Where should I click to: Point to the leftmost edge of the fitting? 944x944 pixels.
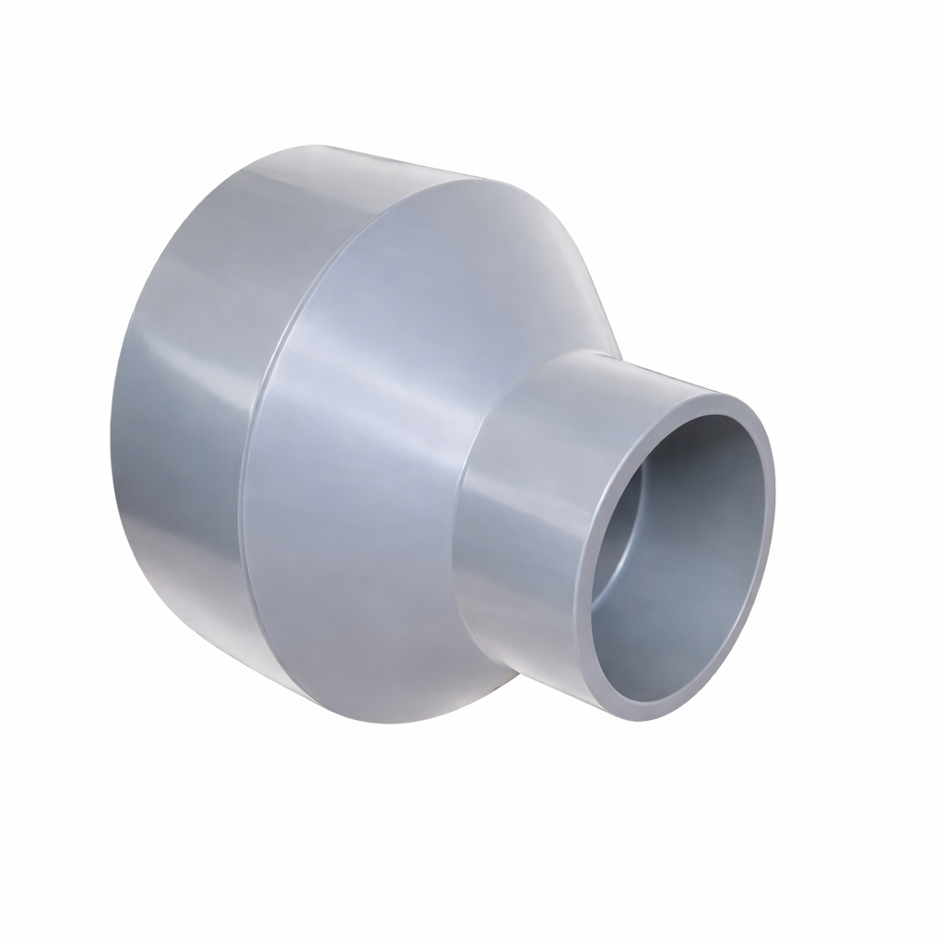coord(112,433)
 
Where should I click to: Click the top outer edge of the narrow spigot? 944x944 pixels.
coord(608,355)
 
